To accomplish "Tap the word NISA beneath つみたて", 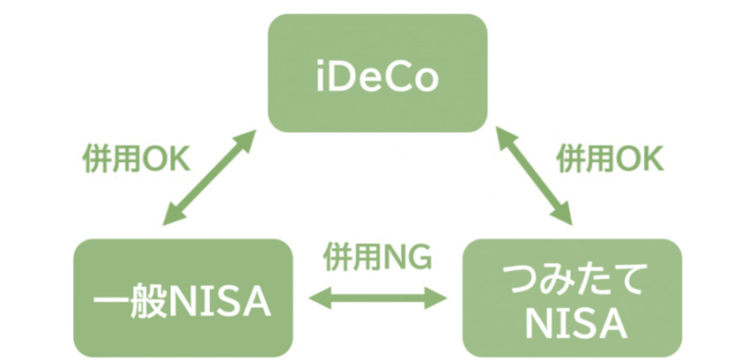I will click(x=571, y=323).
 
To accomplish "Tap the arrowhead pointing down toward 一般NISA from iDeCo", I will click(x=170, y=220).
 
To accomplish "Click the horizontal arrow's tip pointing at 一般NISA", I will click(x=314, y=297).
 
